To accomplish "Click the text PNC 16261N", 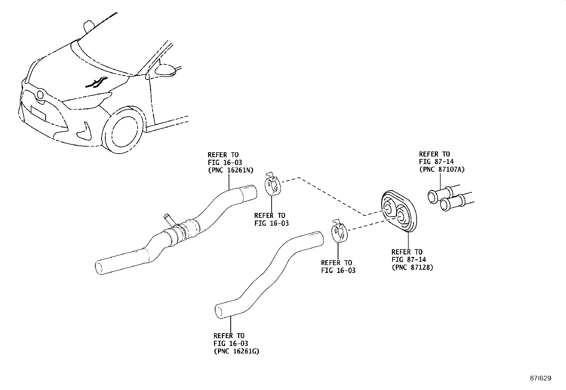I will [x=230, y=170].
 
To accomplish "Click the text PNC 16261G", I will [x=236, y=351].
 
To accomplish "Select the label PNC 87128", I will [x=412, y=268].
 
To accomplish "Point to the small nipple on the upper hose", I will [x=167, y=218].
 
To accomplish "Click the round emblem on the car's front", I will [x=40, y=94].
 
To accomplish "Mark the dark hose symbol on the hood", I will [x=96, y=82].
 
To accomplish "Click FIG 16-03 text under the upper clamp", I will [x=271, y=223].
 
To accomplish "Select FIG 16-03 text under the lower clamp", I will [x=338, y=270].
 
